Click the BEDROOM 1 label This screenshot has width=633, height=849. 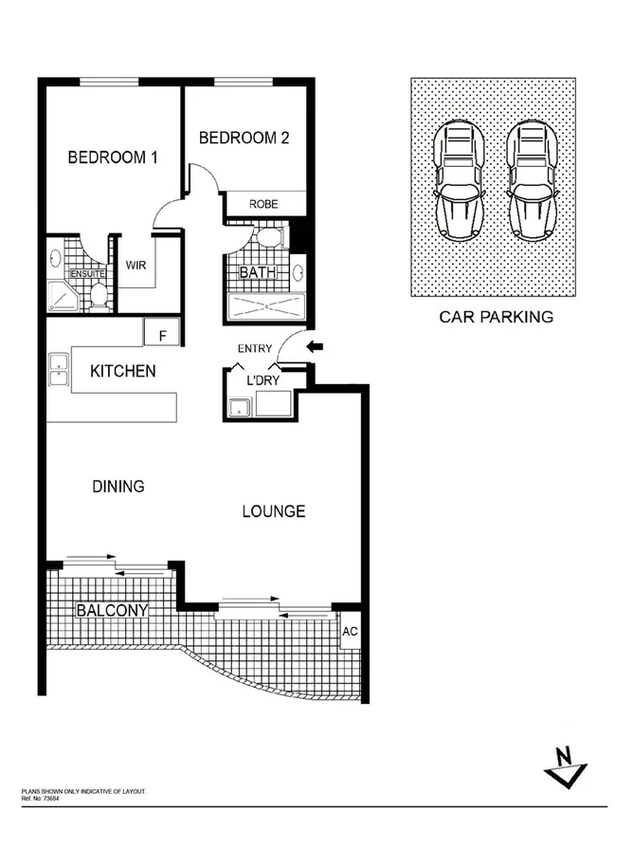click(112, 157)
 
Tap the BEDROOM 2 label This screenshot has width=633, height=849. click(244, 138)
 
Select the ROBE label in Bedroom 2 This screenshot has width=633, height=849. click(262, 204)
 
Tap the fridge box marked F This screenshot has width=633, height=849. click(162, 335)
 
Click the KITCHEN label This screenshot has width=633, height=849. click(122, 371)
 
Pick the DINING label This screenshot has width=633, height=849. click(118, 487)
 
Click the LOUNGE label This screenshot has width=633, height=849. click(273, 511)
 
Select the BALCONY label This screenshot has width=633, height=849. click(113, 610)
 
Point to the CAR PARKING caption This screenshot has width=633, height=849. click(496, 317)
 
